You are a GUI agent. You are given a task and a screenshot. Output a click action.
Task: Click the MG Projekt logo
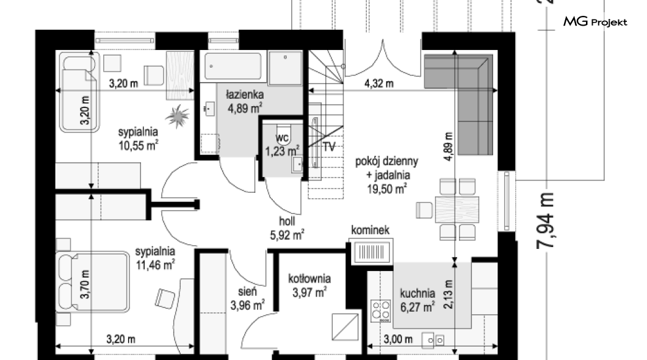click(x=595, y=21)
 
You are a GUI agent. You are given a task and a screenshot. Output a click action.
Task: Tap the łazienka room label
click(x=245, y=95)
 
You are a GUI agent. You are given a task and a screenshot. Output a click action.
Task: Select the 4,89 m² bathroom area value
click(x=245, y=108)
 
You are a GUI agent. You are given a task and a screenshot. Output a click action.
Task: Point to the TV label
click(x=329, y=146)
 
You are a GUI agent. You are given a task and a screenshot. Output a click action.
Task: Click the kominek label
click(x=370, y=229)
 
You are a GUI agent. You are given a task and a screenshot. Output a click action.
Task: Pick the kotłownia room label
click(x=309, y=279)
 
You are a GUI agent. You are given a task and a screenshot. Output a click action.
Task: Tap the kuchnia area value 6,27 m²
click(x=417, y=307)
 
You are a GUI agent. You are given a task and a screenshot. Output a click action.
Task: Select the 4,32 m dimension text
click(x=379, y=84)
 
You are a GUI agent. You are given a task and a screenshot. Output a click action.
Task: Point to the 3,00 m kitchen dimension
click(x=398, y=339)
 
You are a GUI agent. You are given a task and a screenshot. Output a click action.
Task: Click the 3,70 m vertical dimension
click(x=85, y=284)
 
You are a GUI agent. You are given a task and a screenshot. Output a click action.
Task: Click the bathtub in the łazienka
click(x=233, y=65)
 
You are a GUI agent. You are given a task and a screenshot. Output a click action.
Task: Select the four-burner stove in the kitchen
click(x=381, y=311)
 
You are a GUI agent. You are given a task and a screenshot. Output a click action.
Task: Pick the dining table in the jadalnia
click(x=457, y=210)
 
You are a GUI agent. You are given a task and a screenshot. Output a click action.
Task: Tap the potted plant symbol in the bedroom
click(x=178, y=116)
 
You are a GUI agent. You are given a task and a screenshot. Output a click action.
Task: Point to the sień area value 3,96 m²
click(x=247, y=306)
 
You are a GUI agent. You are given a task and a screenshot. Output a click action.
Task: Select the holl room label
click(x=287, y=221)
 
